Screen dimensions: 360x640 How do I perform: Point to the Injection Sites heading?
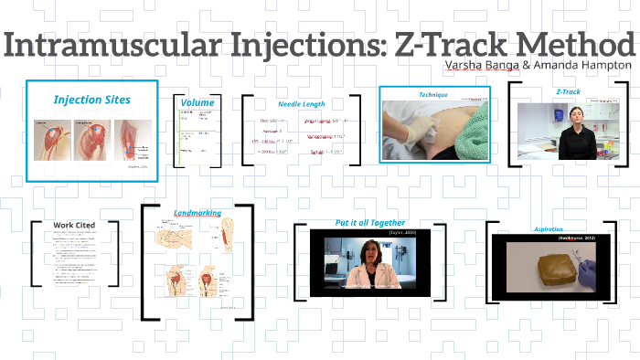click(91, 99)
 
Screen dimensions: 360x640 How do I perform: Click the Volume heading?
click(197, 102)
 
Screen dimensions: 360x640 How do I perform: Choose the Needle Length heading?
click(302, 104)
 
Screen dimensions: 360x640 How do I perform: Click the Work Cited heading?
click(74, 225)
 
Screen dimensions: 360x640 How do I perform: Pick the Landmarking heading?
click(197, 213)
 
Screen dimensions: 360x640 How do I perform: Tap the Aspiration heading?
click(548, 228)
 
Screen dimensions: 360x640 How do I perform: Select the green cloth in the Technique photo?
click(470, 137)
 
